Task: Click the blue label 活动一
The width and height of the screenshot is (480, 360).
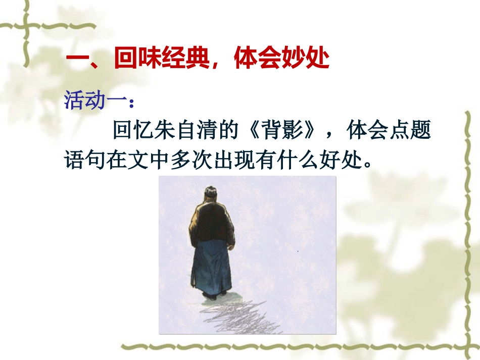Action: (95, 100)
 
